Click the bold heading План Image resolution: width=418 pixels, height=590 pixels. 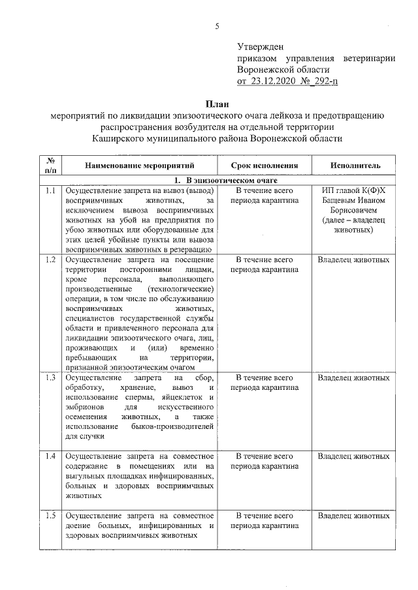pos(216,104)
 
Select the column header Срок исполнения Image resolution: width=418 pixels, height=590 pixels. pos(265,166)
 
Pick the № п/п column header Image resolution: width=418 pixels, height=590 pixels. pos(50,166)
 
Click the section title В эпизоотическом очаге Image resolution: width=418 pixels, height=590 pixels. pos(226,181)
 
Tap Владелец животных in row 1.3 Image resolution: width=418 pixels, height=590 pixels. pos(353,377)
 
